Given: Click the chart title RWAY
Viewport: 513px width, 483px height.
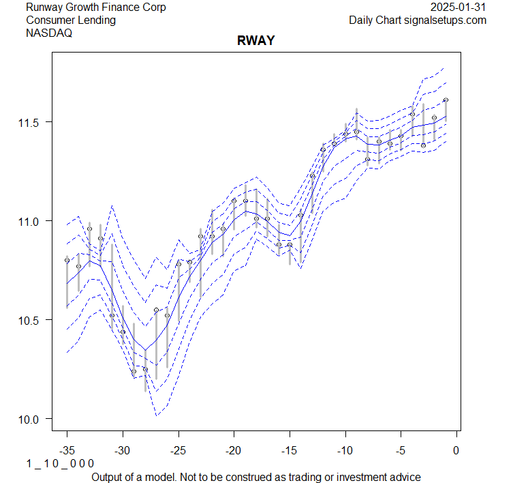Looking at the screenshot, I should [x=255, y=41].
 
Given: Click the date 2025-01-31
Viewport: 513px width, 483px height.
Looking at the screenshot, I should [x=459, y=8].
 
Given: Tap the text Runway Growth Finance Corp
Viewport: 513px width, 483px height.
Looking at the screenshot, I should [x=96, y=8].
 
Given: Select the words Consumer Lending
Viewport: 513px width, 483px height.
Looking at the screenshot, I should [x=71, y=20].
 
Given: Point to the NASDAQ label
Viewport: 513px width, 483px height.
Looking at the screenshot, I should [x=49, y=33].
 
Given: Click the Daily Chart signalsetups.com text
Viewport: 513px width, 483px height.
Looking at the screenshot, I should [x=418, y=20].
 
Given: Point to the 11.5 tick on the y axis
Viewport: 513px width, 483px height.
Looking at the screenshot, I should [x=29, y=122].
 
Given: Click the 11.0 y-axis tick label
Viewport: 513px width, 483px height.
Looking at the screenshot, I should [x=29, y=221].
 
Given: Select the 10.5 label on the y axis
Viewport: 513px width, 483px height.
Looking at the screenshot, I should [x=29, y=320].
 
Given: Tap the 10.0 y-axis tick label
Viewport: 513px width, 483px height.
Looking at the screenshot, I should [x=29, y=419].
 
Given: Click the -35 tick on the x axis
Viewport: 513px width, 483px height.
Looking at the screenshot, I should [x=67, y=450].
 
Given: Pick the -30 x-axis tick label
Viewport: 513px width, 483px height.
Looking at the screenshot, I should [x=123, y=450].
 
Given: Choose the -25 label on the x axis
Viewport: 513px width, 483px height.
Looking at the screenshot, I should [x=178, y=450].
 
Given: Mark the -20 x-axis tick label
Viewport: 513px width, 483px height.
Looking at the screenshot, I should [x=234, y=450].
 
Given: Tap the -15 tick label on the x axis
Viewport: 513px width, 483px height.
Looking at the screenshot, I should [x=290, y=450].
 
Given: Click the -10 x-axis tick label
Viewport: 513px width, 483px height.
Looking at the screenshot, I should [x=345, y=450].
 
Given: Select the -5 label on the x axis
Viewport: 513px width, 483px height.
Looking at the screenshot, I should [x=401, y=450].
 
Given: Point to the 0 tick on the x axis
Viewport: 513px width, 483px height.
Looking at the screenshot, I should [x=456, y=450].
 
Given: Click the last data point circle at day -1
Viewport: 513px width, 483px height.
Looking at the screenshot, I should [x=446, y=100].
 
